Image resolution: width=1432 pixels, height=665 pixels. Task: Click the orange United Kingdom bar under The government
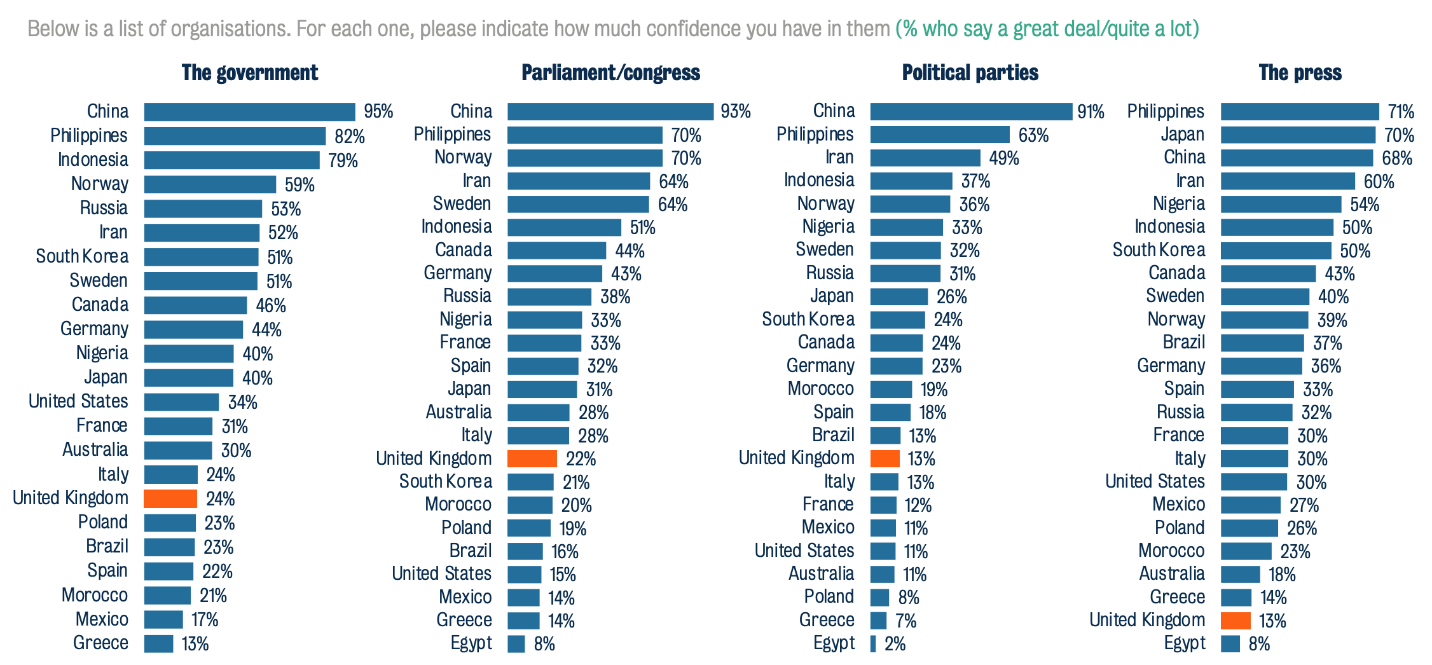pos(170,498)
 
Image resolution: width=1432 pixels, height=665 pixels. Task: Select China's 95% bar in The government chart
pos(249,112)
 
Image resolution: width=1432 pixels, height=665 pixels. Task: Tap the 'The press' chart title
pos(1300,72)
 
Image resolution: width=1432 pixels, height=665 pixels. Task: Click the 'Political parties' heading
pos(970,72)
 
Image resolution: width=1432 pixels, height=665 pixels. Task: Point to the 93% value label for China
pos(735,111)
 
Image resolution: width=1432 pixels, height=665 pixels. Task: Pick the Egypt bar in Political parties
pos(873,643)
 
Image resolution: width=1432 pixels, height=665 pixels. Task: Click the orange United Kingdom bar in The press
pos(1235,620)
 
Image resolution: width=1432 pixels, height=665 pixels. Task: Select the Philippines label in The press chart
pos(1165,111)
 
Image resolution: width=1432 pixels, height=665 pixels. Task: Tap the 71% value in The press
pos(1401,112)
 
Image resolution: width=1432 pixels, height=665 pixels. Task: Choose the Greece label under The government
pos(100,643)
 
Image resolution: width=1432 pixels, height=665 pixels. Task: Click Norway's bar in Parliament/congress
pos(584,158)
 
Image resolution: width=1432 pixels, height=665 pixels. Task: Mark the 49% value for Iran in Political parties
pos(1003,158)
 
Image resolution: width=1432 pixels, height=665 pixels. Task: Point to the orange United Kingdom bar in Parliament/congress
pos(532,458)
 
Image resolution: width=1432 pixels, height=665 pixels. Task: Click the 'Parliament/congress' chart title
pos(610,72)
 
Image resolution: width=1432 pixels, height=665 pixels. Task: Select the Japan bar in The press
pos(1297,135)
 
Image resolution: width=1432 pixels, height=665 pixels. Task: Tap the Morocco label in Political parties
pos(820,388)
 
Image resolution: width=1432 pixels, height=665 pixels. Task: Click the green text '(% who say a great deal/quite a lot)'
pos(1047,29)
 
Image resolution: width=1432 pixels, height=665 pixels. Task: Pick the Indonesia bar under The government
pos(231,160)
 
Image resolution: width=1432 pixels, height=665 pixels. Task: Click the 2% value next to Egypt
pos(895,644)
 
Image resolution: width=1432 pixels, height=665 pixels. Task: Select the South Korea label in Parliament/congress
pos(445,481)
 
